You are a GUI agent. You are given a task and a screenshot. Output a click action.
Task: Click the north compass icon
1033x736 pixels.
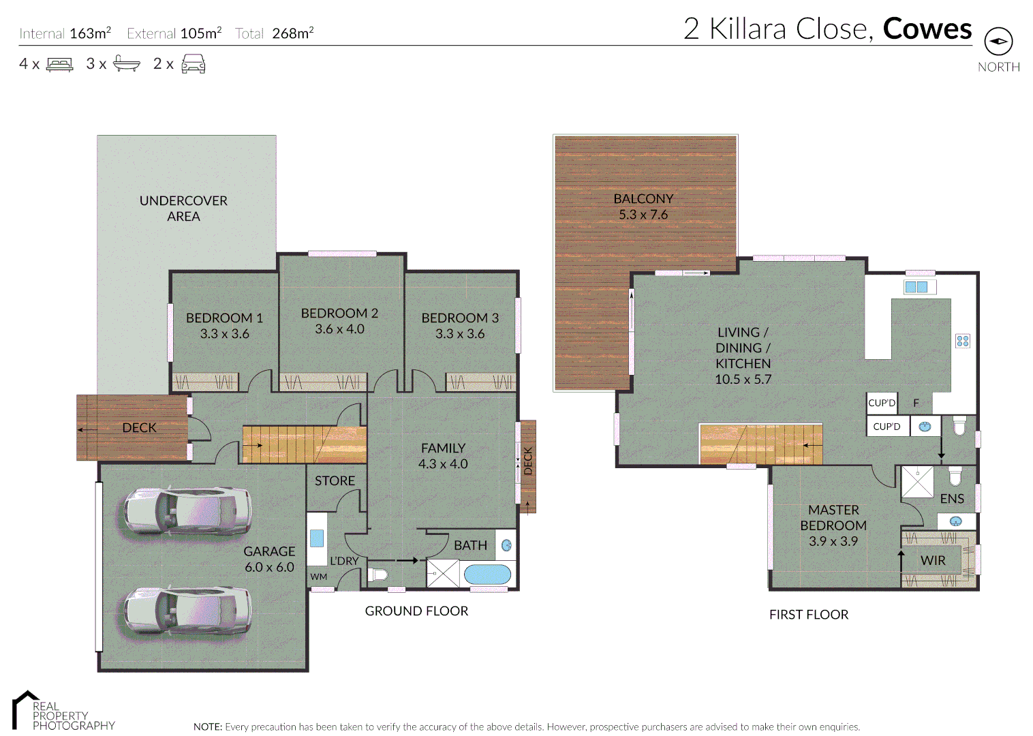(998, 42)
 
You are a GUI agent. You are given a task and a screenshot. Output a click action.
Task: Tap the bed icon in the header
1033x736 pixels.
(59, 65)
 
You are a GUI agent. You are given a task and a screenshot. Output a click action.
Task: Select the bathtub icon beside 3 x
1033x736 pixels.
(126, 64)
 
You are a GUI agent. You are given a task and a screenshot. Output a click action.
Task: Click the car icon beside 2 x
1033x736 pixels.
(194, 65)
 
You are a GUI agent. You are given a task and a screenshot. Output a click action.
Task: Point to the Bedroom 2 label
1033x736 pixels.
(339, 313)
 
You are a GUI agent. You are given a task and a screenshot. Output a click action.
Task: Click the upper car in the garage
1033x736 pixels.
(187, 511)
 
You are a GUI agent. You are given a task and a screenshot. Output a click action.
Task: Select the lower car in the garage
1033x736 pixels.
(187, 611)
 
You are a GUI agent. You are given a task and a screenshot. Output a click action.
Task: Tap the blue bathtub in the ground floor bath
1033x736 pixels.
(487, 574)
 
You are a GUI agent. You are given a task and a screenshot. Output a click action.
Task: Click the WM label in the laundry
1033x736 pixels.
(319, 577)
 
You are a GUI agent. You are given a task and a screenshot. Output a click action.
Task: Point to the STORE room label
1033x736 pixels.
(335, 481)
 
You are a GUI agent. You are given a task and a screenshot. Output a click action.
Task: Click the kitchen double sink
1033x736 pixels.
(916, 287)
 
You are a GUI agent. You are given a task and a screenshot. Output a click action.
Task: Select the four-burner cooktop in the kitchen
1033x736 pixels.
(962, 341)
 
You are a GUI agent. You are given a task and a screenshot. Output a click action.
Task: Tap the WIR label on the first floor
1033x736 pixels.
(933, 561)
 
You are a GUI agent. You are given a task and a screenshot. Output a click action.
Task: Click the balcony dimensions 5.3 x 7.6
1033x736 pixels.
(643, 215)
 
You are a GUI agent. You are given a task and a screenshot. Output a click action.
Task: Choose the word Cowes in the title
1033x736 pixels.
(927, 29)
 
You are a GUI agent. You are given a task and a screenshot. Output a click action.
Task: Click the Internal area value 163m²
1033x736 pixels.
(90, 33)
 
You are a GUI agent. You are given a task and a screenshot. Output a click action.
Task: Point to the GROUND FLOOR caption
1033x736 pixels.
(416, 611)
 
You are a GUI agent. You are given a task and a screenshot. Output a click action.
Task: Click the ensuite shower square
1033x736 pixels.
(917, 482)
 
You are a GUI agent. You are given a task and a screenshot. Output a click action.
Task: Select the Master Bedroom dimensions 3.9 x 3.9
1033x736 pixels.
(833, 542)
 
